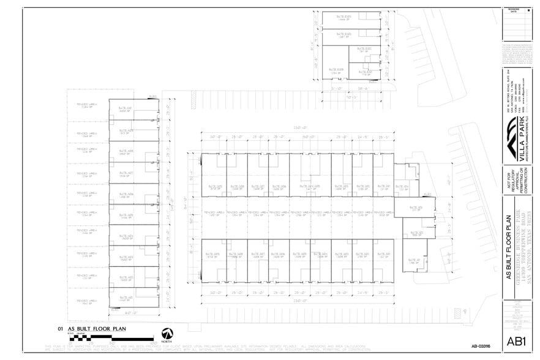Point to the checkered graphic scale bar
click(104, 339)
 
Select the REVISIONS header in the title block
click(514, 10)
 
